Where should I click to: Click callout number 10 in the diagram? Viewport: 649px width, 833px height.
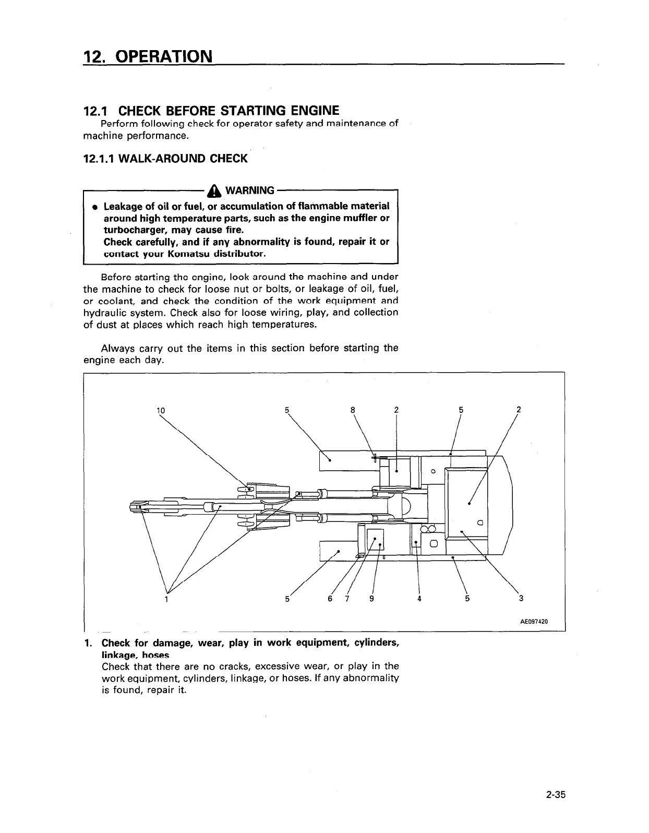(161, 410)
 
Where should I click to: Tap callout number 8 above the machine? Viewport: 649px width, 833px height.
(353, 410)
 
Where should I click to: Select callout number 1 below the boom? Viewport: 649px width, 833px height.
(166, 599)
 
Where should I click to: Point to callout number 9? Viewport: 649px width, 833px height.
(371, 599)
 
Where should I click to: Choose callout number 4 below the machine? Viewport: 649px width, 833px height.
(419, 599)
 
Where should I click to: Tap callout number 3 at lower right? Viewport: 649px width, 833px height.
(521, 599)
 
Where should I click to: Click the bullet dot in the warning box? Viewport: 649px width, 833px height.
(94, 207)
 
